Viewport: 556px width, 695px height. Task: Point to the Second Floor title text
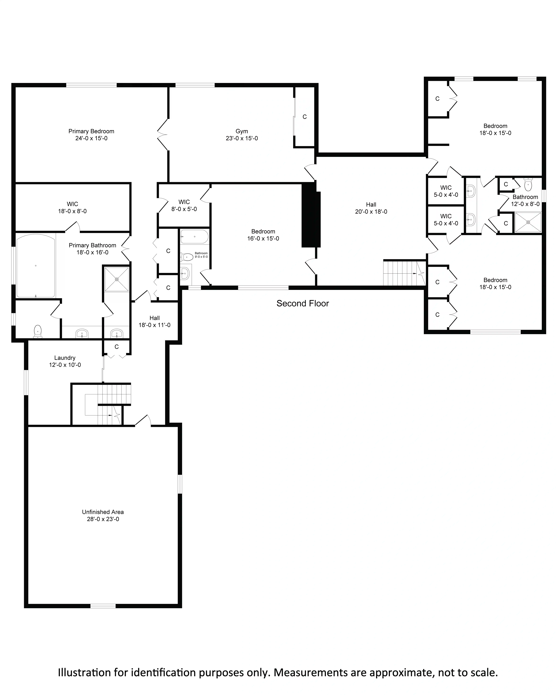(303, 303)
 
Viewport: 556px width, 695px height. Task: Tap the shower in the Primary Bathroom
(117, 279)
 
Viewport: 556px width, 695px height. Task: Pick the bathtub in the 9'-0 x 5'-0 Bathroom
(194, 237)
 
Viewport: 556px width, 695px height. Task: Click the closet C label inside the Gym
(305, 117)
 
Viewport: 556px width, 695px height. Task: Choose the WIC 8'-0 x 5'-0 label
(184, 205)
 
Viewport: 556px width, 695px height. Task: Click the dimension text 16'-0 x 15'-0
(263, 239)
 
